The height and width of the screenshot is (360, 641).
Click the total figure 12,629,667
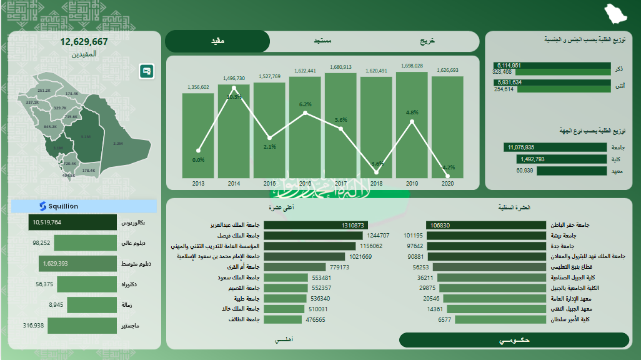point(84,42)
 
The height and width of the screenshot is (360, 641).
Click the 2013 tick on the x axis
point(198,183)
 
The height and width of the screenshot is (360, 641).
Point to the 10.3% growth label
point(234,97)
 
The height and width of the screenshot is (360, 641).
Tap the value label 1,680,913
point(340,67)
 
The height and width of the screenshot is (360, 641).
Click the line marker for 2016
point(305,113)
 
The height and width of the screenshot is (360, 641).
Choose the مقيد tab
point(217,41)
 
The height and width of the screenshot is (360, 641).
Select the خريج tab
point(427,41)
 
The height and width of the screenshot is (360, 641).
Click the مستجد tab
point(322,41)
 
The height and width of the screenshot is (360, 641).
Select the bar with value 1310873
point(316,225)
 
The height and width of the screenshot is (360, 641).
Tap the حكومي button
point(514,340)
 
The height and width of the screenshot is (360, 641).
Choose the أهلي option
point(283,339)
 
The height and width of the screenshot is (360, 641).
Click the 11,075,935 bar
point(555,147)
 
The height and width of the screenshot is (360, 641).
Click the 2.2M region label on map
point(117,144)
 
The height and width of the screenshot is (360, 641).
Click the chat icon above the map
point(147,71)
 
